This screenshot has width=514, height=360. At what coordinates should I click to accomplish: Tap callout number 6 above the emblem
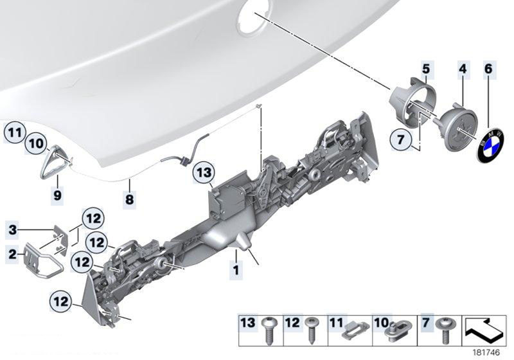(488, 69)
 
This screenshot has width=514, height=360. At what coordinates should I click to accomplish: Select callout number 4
(463, 69)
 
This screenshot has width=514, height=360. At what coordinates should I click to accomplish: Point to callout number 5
(425, 69)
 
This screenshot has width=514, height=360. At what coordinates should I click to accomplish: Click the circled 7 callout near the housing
(401, 139)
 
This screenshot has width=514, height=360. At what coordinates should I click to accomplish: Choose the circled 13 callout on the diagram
(204, 172)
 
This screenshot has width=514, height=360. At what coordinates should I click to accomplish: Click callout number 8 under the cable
(130, 198)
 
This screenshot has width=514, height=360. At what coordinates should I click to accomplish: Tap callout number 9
(57, 195)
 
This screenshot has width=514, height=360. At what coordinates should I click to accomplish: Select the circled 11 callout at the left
(15, 132)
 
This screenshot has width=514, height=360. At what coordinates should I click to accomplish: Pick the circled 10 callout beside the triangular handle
(36, 143)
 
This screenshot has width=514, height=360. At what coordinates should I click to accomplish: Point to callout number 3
(12, 230)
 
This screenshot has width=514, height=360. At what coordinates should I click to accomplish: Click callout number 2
(12, 254)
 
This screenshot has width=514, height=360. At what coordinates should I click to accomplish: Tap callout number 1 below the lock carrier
(236, 270)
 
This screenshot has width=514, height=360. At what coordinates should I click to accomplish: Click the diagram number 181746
(486, 352)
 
